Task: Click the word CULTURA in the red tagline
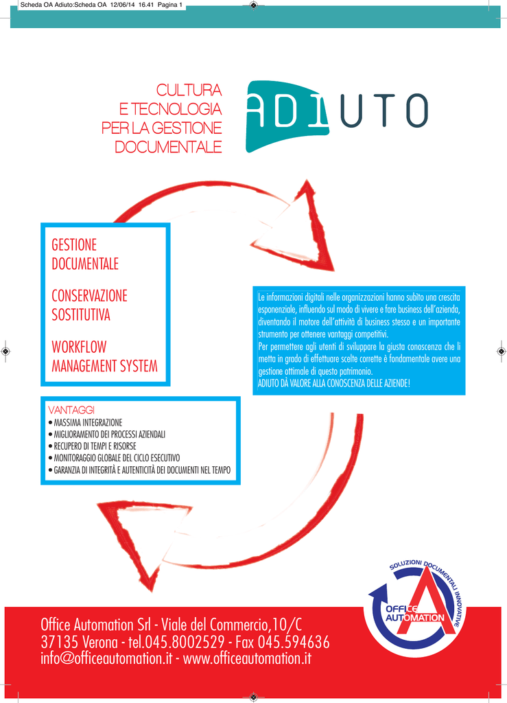click(189, 90)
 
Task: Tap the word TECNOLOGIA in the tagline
click(176, 109)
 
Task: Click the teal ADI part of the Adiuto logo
click(287, 115)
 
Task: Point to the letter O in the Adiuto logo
click(417, 111)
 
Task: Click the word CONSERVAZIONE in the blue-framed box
click(90, 296)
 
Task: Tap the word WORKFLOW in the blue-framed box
click(80, 347)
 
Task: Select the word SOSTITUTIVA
click(81, 314)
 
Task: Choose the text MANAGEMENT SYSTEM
click(105, 366)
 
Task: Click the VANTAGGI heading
click(71, 410)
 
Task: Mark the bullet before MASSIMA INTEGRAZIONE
click(50, 423)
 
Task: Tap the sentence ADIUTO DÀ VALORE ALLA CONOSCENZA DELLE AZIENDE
click(333, 383)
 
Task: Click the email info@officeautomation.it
click(106, 658)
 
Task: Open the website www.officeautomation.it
click(247, 658)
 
